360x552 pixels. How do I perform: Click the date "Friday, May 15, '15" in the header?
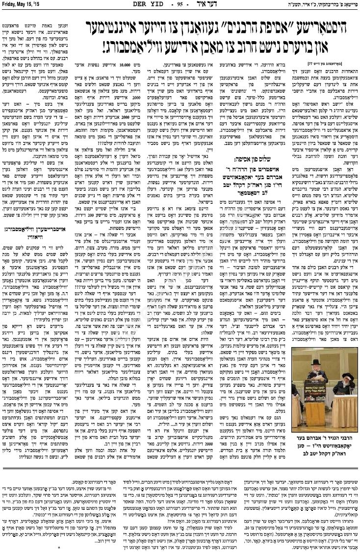pyautogui.click(x=22, y=4)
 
